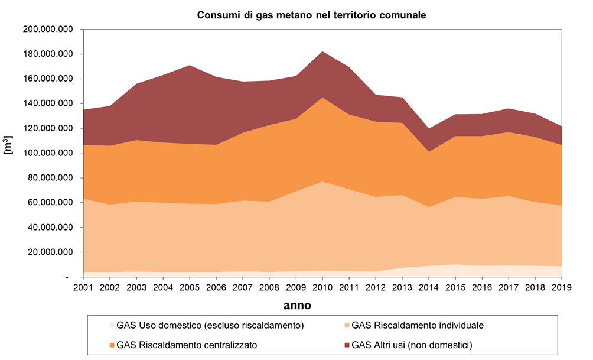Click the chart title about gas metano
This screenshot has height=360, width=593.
[311, 15]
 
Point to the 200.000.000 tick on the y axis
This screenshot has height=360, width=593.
[48, 29]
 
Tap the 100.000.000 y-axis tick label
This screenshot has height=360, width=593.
[48, 153]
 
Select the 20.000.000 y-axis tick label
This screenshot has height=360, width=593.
[50, 252]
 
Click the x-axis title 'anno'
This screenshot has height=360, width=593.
[296, 306]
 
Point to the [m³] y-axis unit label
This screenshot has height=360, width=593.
[9, 145]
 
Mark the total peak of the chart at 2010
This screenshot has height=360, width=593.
[322, 51]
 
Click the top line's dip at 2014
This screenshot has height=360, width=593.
[429, 129]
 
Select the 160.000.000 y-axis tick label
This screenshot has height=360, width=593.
[48, 79]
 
